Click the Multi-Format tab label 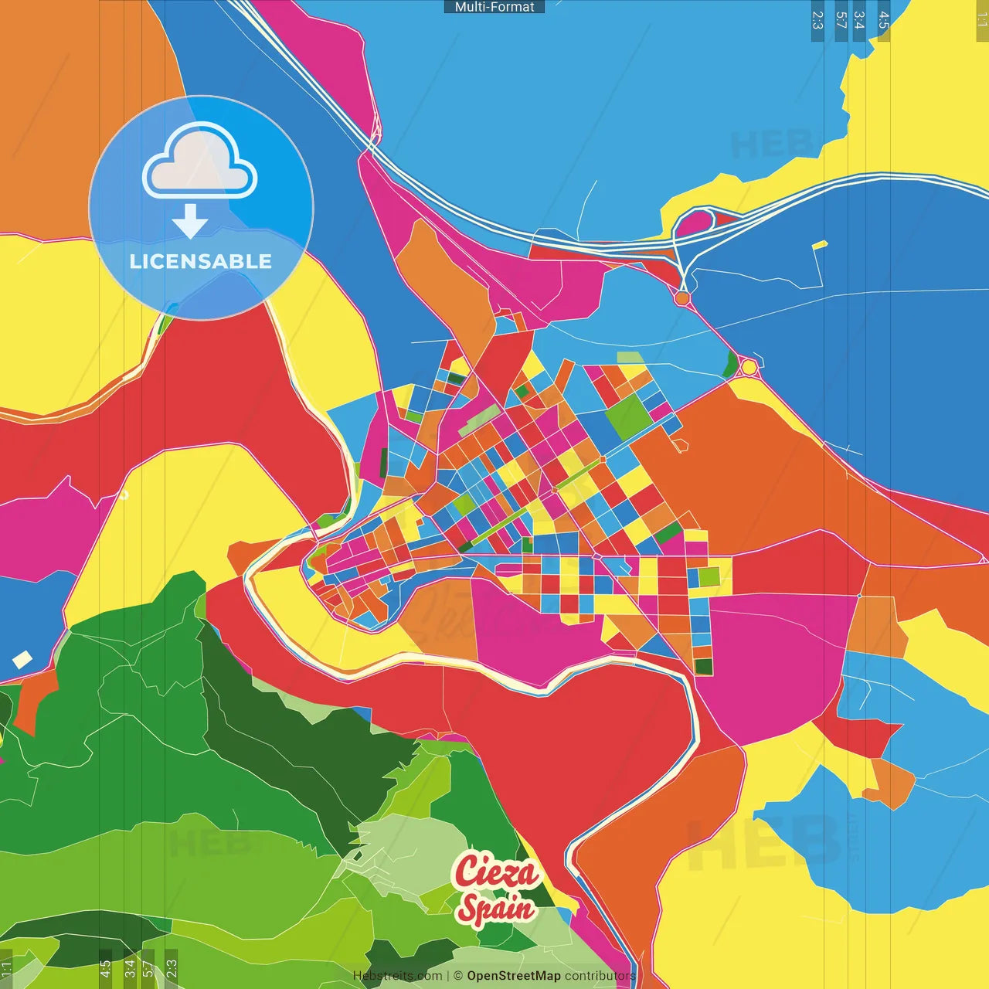coord(494,7)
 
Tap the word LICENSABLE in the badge coord(201,261)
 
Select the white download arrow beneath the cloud coord(190,222)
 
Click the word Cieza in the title coord(496,872)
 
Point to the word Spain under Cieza coord(496,908)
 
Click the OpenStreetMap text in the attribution coord(513,976)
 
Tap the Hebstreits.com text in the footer coord(397,976)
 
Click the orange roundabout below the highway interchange coord(681,297)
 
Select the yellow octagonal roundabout coord(749,367)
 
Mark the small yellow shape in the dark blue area coord(820,246)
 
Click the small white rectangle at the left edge coord(22,660)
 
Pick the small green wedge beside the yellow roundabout coord(730,364)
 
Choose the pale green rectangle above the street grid coord(630,358)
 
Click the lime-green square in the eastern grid coord(709,576)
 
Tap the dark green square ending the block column coord(703,666)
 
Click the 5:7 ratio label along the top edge coord(841,20)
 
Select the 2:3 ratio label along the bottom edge coord(172,968)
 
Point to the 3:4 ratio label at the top coord(859,20)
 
